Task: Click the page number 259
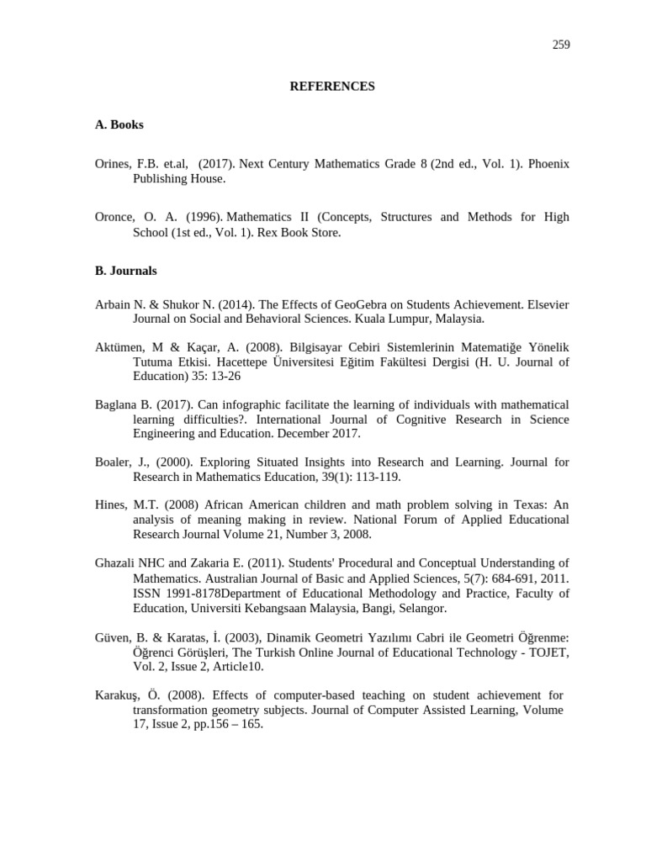(561, 45)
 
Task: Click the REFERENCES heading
(332, 87)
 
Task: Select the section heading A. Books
(119, 124)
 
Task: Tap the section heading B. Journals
(125, 272)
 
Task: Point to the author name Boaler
(114, 462)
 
